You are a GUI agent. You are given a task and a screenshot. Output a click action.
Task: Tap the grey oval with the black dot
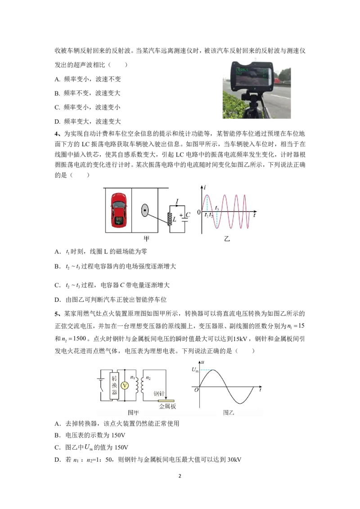click(145, 210)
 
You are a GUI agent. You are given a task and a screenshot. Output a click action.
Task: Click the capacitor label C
click(188, 215)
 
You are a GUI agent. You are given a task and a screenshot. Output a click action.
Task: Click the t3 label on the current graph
click(217, 208)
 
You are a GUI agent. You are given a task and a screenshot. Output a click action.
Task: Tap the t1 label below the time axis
click(207, 215)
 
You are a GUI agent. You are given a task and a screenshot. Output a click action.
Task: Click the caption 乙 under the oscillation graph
click(227, 239)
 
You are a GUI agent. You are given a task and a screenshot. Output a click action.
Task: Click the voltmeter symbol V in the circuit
click(126, 386)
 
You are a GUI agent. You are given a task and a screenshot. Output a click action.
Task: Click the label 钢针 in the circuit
click(159, 392)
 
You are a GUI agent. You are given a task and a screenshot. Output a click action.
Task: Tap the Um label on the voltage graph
click(194, 370)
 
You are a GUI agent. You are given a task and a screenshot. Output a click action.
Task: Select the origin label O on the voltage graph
click(196, 390)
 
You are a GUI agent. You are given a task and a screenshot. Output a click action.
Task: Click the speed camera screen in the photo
click(252, 75)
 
